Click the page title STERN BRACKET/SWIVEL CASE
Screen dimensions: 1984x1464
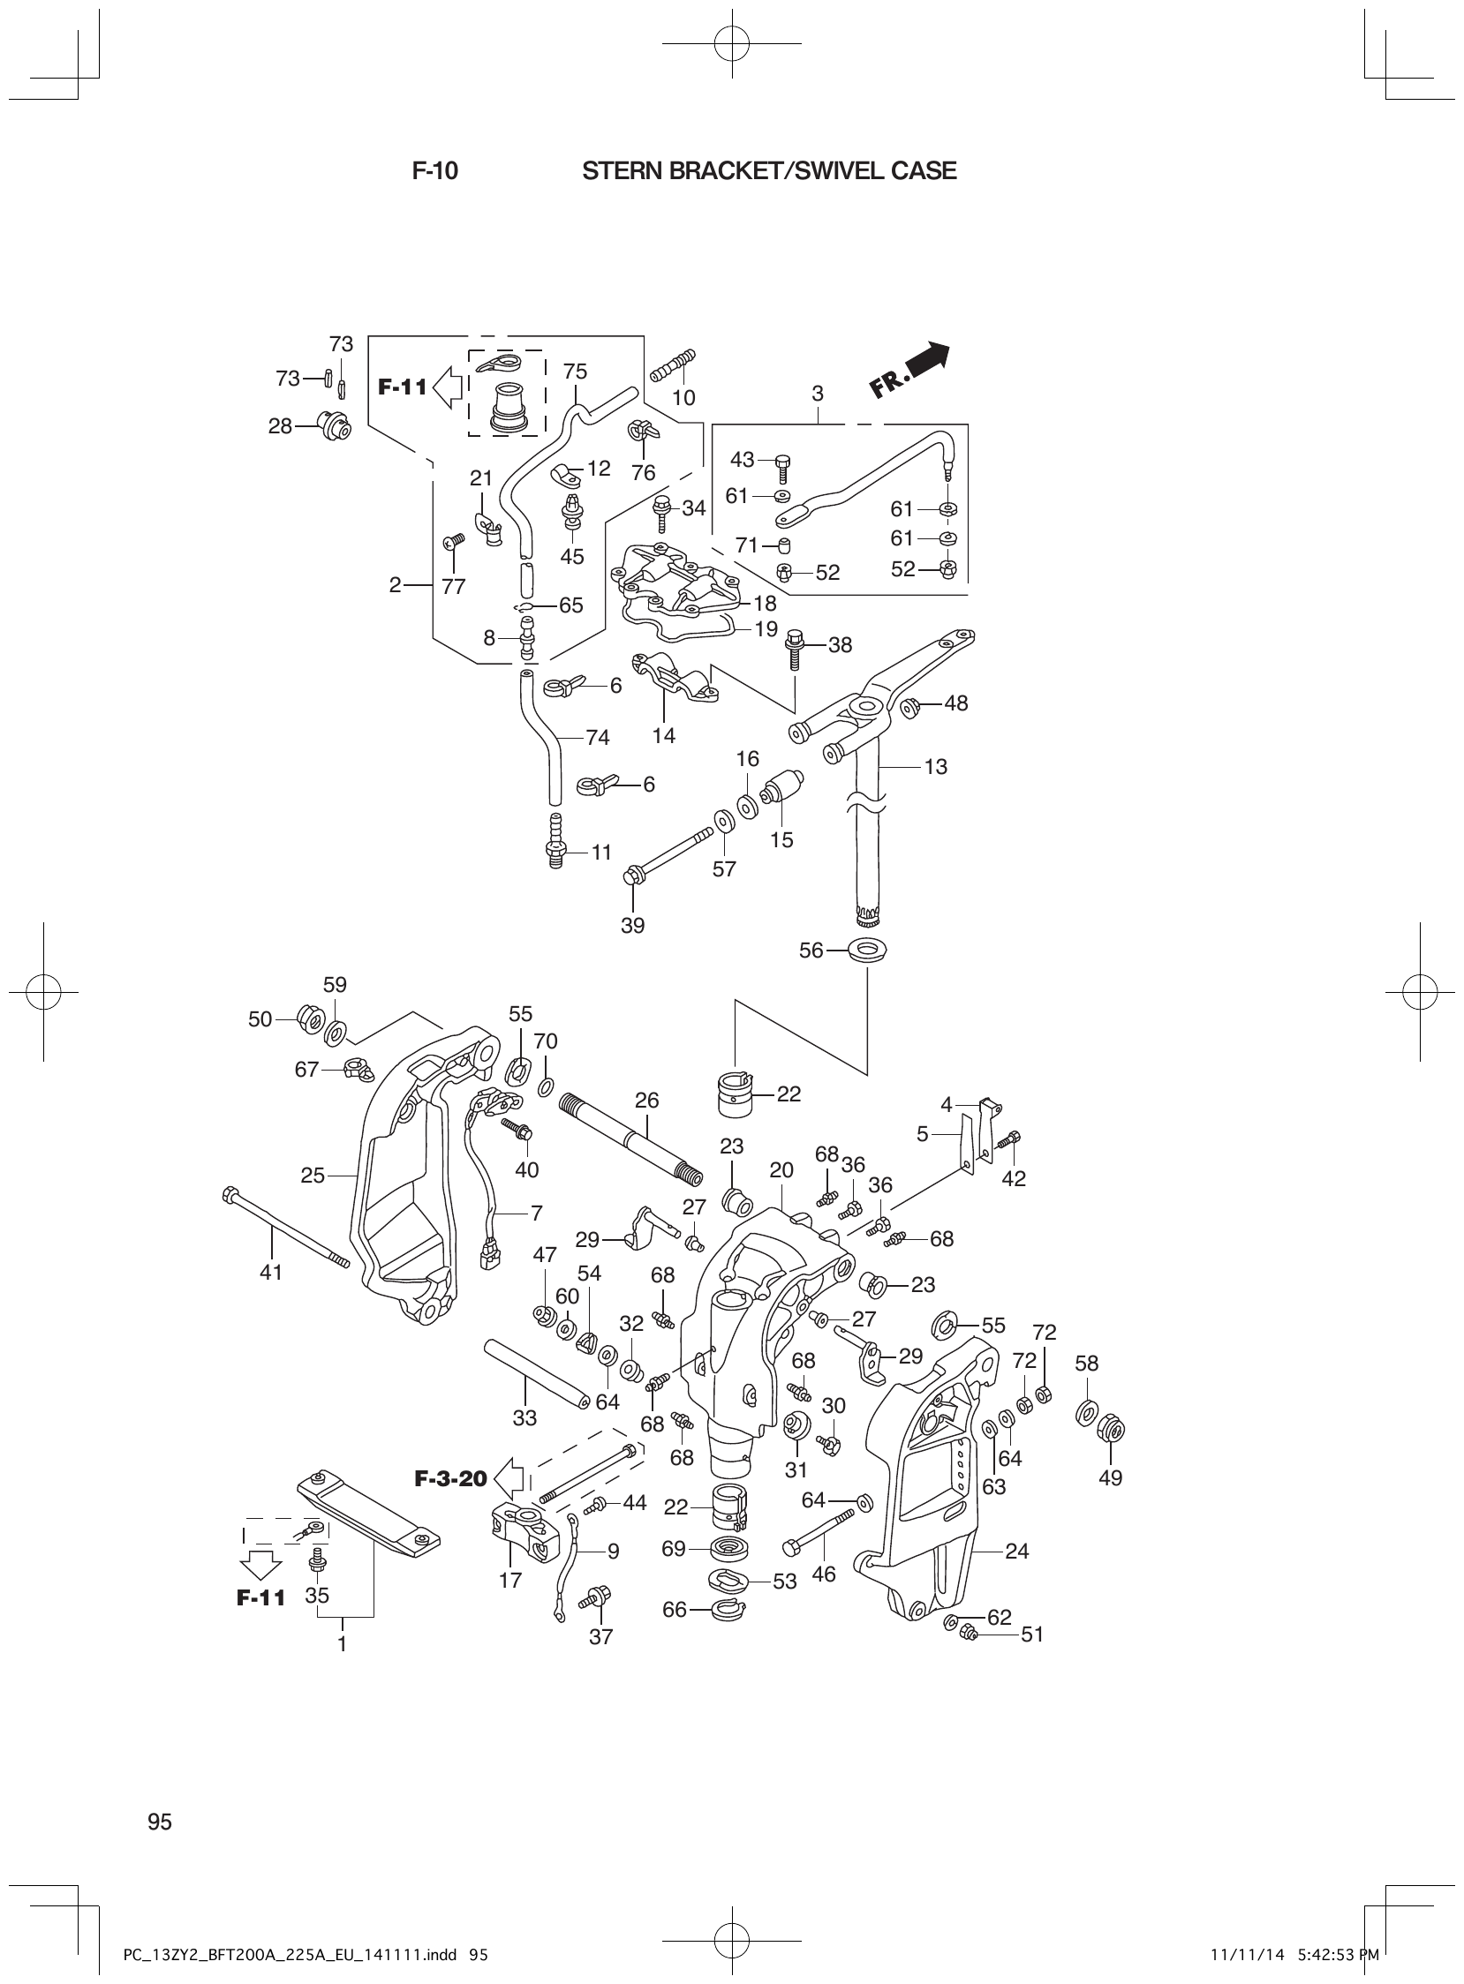point(768,171)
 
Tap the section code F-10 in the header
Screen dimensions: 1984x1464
point(435,171)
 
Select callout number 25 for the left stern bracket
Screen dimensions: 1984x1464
point(313,1176)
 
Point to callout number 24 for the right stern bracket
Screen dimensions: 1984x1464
point(1016,1551)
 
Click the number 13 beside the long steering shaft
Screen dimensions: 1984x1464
point(935,767)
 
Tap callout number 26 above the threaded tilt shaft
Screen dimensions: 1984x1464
point(647,1100)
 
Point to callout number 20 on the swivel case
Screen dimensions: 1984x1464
point(781,1170)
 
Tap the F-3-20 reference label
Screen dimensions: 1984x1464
point(450,1478)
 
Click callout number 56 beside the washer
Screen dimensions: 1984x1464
point(811,951)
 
